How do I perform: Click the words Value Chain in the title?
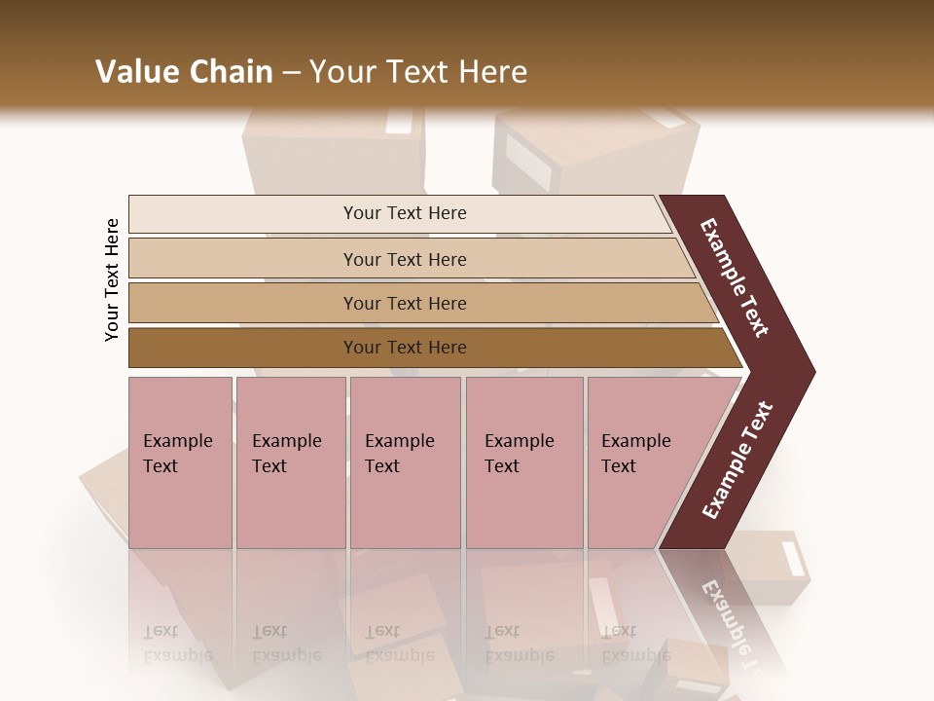point(184,72)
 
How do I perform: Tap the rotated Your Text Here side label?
point(112,280)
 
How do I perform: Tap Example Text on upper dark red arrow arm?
point(735,277)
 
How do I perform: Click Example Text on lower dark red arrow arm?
point(737,461)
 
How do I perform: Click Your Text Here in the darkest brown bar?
point(405,348)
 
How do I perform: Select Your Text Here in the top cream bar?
point(405,213)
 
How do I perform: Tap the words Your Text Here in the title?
point(418,72)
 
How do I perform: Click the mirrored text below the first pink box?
point(178,644)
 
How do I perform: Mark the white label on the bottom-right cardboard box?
point(794,559)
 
